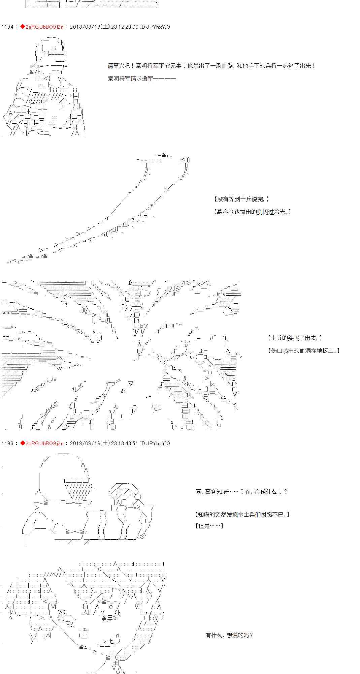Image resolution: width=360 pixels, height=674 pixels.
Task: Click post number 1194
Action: pos(7,27)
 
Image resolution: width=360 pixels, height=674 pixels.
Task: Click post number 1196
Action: pos(7,443)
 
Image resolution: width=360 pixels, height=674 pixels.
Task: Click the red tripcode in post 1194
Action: pos(44,27)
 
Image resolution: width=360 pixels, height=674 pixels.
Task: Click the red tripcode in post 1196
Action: pos(44,443)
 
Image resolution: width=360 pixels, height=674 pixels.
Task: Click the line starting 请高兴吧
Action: pos(211,66)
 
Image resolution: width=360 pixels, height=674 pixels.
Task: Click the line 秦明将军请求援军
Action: pos(141,79)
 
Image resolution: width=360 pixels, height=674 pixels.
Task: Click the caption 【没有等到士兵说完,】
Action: pos(241,200)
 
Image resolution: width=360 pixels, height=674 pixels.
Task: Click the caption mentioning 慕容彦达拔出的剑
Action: pos(252,212)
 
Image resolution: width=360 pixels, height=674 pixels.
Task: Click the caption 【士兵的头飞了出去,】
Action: pos(295,338)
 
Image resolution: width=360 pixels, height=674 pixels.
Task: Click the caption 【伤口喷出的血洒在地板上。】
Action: pos(304,351)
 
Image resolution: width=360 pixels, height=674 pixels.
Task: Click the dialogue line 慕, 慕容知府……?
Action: pos(241,492)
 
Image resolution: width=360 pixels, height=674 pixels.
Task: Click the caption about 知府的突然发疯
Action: pos(242,515)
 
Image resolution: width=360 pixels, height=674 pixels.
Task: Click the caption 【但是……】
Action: pos(209,526)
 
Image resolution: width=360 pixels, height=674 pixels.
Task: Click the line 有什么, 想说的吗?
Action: pos(229,635)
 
